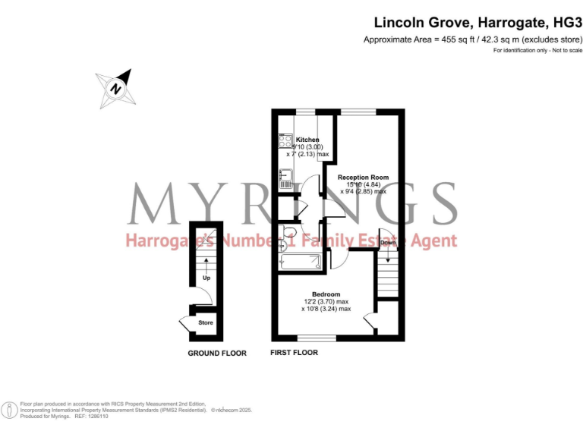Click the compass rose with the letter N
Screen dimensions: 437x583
[115, 87]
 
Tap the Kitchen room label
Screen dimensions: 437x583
[307, 140]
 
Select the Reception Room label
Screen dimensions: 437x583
[363, 177]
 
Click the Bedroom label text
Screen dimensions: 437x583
[326, 294]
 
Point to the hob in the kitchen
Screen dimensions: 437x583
[286, 141]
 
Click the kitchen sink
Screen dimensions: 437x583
[285, 179]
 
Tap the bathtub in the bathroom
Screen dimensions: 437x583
[301, 263]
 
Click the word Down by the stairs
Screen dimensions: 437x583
[387, 243]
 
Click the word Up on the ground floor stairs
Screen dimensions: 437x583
[206, 278]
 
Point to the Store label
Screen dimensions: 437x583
[206, 322]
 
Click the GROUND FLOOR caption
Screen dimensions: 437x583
[217, 354]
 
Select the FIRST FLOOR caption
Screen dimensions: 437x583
[295, 353]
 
